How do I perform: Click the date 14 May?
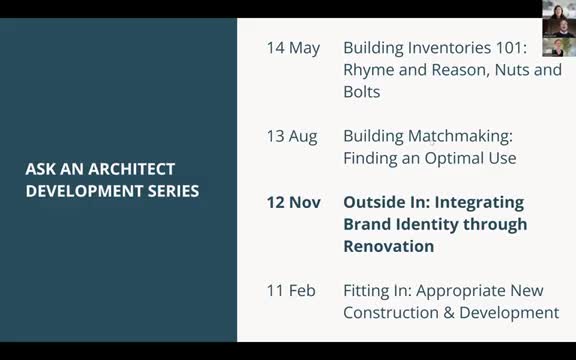pos(293,48)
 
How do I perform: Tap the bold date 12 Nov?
pos(293,202)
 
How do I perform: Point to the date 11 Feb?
pos(291,291)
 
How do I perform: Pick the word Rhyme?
pos(369,70)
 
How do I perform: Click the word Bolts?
pos(361,92)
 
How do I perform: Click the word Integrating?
pos(475,202)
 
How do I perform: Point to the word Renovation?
pos(388,246)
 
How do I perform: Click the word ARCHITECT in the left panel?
pos(128,169)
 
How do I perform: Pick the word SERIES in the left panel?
pos(171,190)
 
